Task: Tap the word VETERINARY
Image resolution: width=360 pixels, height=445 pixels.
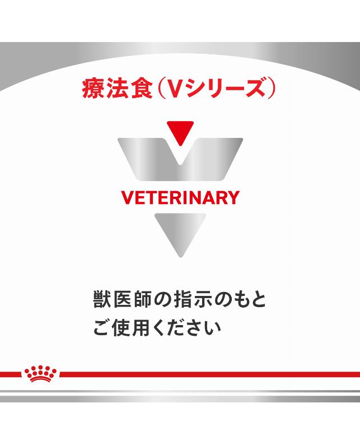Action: (x=180, y=198)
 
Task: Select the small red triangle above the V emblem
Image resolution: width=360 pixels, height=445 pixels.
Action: (x=180, y=131)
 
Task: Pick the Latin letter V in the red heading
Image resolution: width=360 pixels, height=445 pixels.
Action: (x=172, y=89)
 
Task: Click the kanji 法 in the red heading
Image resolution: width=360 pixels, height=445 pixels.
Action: (x=116, y=89)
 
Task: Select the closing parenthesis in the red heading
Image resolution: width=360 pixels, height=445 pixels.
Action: (x=270, y=89)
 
